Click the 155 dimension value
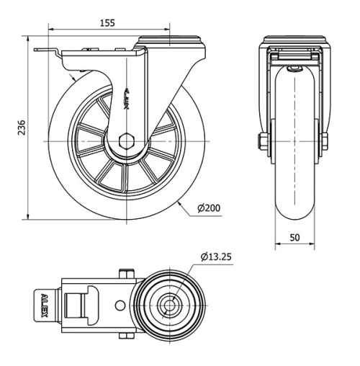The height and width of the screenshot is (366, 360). (107, 23)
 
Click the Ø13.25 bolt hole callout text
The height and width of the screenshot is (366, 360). (218, 256)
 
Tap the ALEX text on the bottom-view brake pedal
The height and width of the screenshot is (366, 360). (44, 303)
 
